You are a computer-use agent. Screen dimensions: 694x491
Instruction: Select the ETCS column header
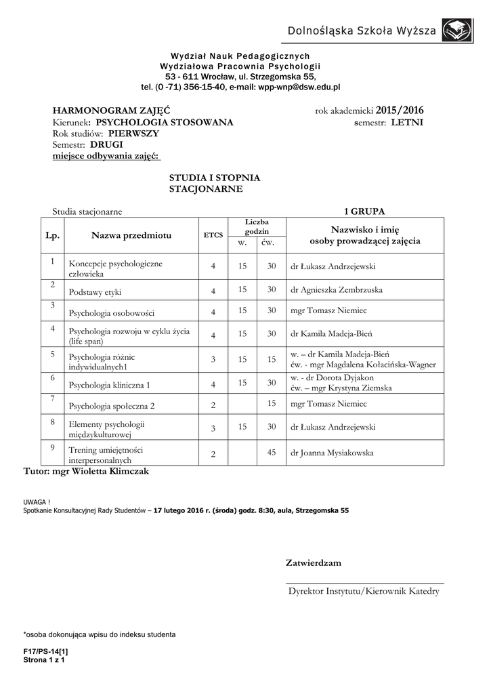click(x=213, y=236)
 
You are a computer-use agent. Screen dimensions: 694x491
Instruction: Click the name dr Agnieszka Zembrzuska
click(x=336, y=290)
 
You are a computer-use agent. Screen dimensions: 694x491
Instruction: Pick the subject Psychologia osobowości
click(x=112, y=313)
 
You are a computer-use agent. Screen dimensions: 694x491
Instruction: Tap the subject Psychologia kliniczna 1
click(x=110, y=385)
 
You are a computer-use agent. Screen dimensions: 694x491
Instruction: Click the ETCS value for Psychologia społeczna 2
click(x=213, y=405)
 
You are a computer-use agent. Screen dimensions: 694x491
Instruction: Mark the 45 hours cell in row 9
click(x=271, y=453)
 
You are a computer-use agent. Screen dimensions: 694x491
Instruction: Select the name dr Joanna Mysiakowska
click(x=331, y=453)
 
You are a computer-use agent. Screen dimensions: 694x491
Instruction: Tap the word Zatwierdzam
click(x=314, y=563)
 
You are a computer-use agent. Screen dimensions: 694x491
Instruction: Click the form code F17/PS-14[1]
click(x=45, y=651)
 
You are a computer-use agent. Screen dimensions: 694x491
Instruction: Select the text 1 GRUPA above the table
click(x=364, y=211)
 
